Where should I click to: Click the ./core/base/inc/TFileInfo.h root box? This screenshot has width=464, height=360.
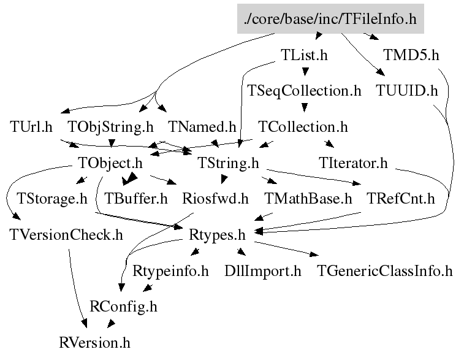click(330, 19)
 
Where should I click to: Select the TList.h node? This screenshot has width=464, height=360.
click(304, 55)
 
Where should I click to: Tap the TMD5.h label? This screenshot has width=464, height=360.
click(411, 55)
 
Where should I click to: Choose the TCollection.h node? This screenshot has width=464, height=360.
click(303, 127)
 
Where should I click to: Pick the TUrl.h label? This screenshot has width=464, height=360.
click(31, 127)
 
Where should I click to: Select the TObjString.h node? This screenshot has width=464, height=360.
click(110, 127)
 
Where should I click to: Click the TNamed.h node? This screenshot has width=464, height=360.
click(202, 127)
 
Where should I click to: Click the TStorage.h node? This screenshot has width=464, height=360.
click(52, 199)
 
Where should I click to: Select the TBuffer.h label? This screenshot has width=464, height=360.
click(136, 199)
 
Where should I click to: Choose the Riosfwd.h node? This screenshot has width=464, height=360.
click(215, 199)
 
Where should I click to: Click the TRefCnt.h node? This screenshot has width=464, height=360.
click(400, 199)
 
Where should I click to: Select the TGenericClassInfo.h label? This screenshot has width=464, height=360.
click(384, 270)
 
